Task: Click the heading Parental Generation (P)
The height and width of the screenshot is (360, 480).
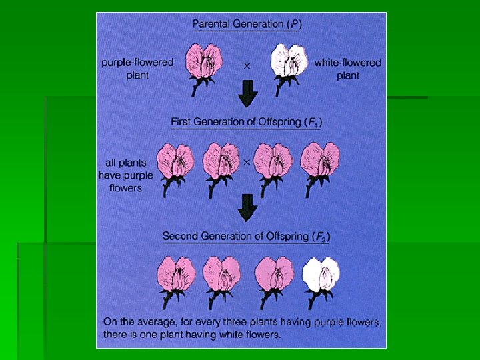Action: coord(247,24)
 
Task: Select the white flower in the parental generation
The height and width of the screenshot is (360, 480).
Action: coord(289,61)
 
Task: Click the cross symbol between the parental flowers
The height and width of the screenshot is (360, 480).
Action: coord(247,65)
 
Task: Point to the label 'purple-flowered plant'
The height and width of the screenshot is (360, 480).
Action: coord(138,69)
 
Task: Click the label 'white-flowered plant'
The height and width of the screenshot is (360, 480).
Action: coord(347,69)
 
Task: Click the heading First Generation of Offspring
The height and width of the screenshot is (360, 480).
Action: coord(247,122)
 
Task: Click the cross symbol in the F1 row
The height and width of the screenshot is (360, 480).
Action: coord(246,163)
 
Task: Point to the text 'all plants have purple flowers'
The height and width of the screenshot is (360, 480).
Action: coord(125,175)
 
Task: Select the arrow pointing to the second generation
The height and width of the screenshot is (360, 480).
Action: coord(247,207)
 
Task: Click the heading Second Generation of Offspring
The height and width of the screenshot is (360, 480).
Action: coord(247,236)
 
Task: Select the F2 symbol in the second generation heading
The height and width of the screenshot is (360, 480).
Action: coord(321,237)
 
